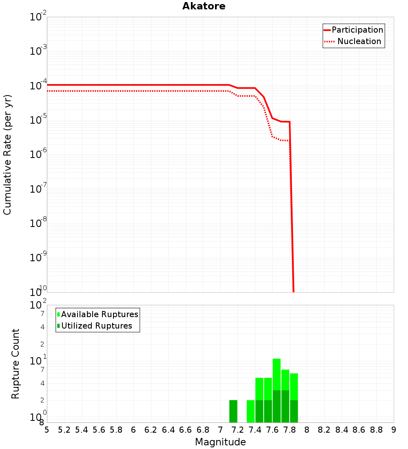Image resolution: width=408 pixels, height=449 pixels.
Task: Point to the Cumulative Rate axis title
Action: click(7, 155)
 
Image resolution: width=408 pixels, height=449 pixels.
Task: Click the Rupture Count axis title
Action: click(16, 364)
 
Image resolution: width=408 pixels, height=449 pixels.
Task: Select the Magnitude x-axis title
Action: click(220, 442)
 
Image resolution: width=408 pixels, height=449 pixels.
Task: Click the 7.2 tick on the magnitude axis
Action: click(237, 430)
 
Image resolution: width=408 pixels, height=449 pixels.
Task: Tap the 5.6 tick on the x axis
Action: click(99, 430)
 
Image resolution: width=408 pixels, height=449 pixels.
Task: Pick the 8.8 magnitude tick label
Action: click(376, 430)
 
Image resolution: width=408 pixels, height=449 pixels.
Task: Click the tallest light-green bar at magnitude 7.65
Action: click(277, 373)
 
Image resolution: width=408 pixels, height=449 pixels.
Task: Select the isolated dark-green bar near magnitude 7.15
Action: click(233, 411)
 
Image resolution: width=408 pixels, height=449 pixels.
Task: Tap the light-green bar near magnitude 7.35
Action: click(251, 411)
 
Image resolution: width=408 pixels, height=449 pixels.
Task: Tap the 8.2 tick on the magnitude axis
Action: click(324, 430)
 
